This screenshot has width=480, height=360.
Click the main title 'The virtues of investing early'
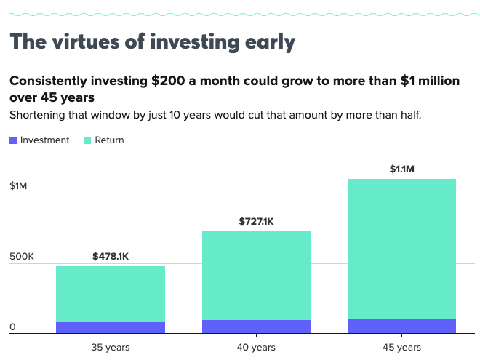(152, 41)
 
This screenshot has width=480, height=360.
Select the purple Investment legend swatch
(13, 140)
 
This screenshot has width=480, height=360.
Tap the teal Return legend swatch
(87, 140)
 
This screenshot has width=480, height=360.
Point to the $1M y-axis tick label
(18, 186)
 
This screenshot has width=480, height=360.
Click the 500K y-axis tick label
(22, 257)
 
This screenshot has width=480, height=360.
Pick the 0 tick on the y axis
(12, 327)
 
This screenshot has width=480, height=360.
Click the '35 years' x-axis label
(111, 347)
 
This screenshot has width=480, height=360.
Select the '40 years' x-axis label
(256, 347)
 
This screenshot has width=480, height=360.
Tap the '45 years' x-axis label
(401, 347)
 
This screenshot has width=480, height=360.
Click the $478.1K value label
(111, 256)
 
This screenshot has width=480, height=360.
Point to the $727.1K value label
(256, 221)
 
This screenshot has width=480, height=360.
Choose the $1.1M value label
(401, 169)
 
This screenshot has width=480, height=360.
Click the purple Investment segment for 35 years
(111, 327)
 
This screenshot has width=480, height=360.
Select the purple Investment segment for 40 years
(256, 326)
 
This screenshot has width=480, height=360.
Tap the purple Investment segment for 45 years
(401, 325)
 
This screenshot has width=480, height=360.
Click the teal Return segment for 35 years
(111, 294)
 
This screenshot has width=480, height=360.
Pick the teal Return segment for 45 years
(401, 248)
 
